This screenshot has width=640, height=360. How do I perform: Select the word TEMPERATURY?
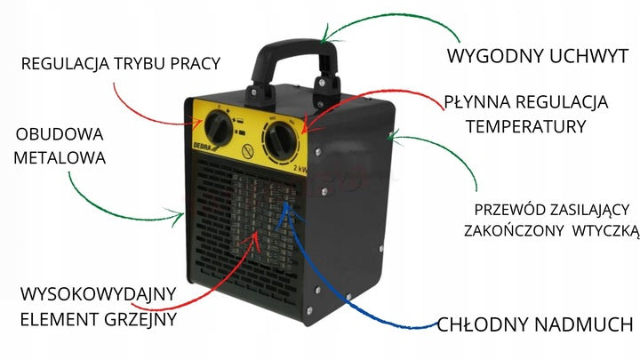526,126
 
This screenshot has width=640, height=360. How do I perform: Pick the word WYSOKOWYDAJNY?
98,294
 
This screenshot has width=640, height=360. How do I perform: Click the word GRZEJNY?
140,319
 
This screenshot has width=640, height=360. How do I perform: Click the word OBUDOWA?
60,135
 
